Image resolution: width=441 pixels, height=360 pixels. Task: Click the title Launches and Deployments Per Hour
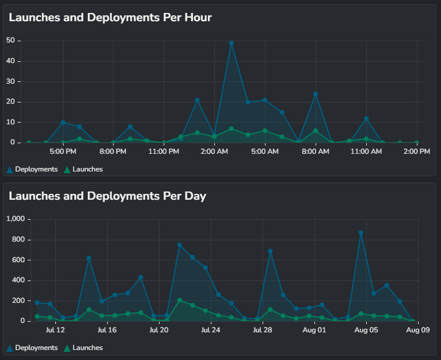pyautogui.click(x=110, y=18)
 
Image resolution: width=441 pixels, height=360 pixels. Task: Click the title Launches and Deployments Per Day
pyautogui.click(x=107, y=196)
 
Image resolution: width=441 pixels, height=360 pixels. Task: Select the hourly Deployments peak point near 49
pyautogui.click(x=231, y=43)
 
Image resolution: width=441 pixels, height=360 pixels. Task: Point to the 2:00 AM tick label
pyautogui.click(x=214, y=152)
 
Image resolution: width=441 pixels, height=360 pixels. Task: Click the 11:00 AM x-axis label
pyautogui.click(x=366, y=152)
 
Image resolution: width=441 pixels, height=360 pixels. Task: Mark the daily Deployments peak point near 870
pyautogui.click(x=361, y=233)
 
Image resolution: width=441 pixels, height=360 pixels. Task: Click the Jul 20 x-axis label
pyautogui.click(x=159, y=331)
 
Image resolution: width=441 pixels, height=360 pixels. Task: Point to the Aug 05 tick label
pyautogui.click(x=366, y=331)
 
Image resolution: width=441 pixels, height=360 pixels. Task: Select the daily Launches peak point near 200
pyautogui.click(x=180, y=300)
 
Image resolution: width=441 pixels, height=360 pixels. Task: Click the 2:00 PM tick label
pyautogui.click(x=417, y=152)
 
